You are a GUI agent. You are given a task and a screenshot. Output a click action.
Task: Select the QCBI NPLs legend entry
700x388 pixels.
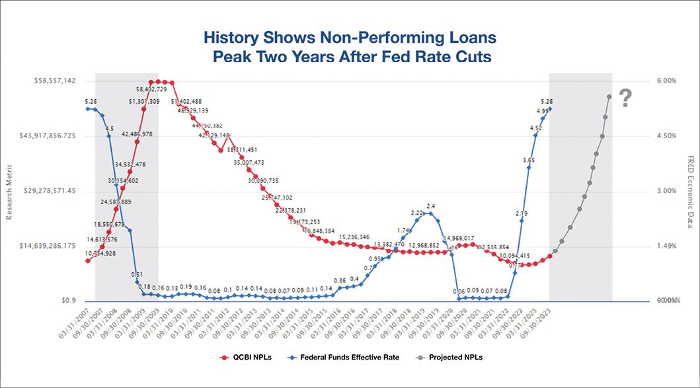[245, 357]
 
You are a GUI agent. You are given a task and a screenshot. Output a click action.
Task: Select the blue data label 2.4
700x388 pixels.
[430, 206]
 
